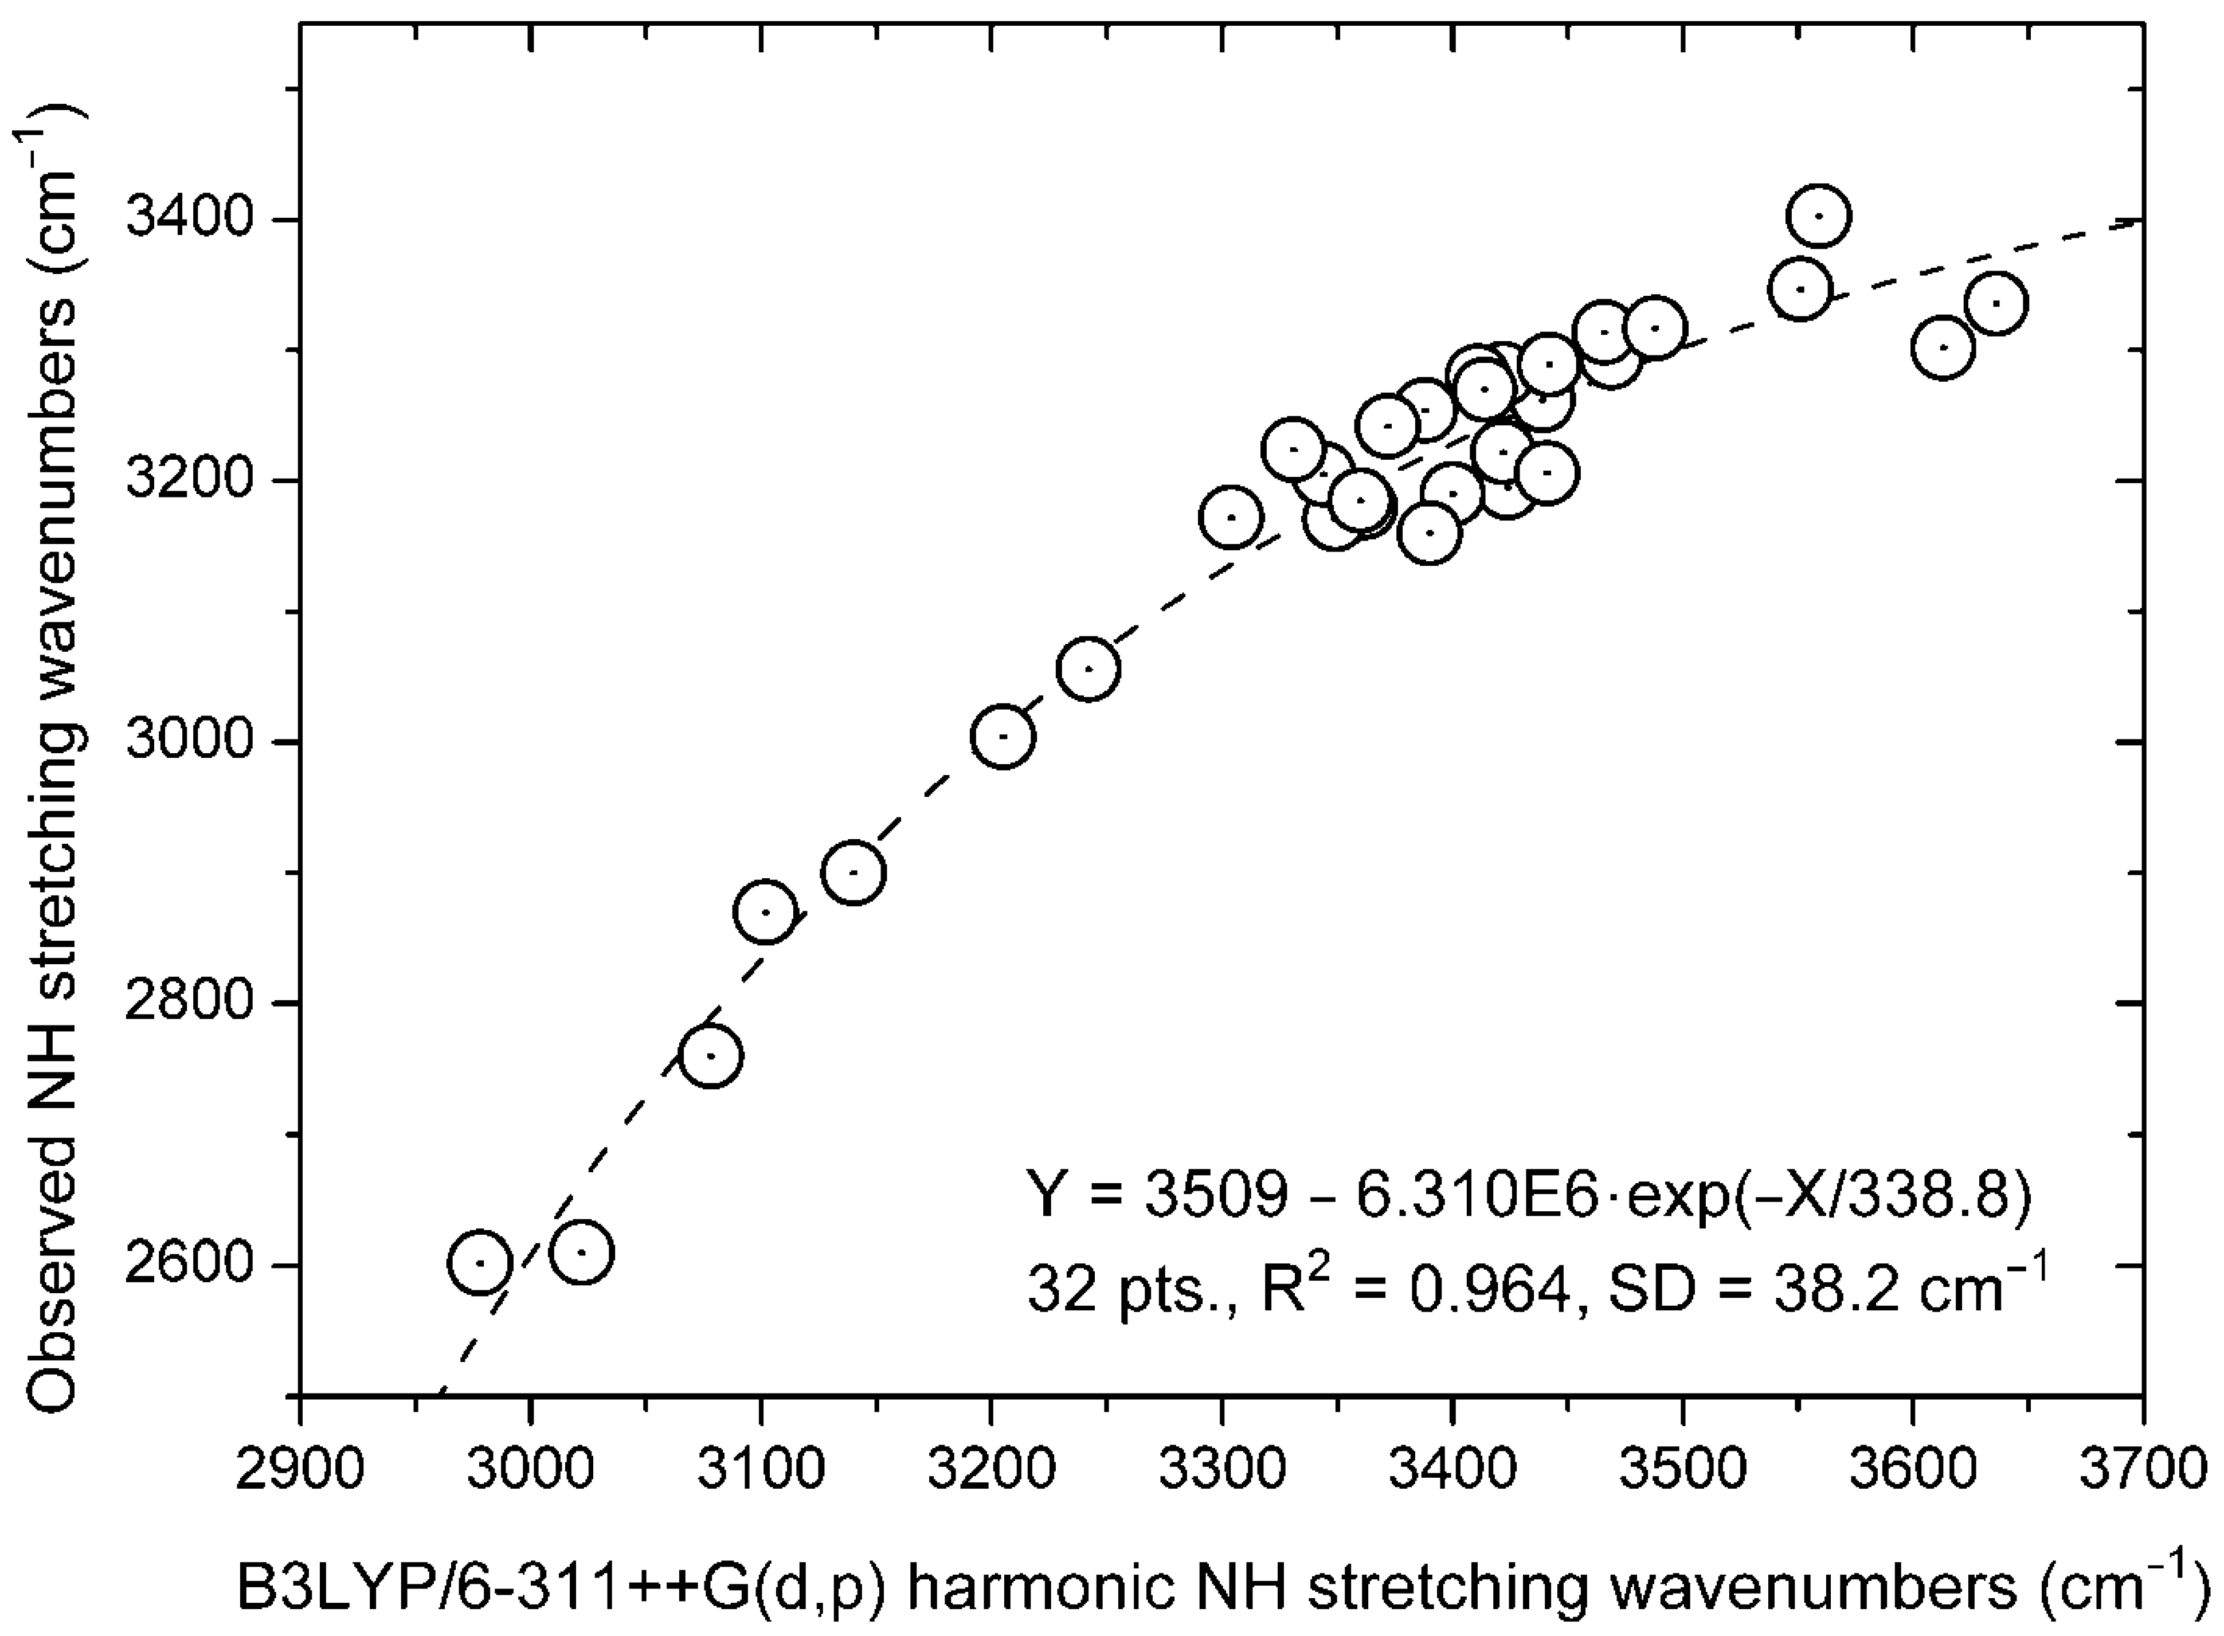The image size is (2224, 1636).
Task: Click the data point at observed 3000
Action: tap(1003, 736)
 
